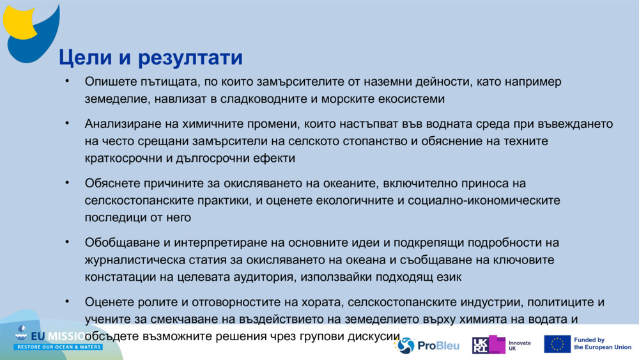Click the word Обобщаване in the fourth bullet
tap(121, 243)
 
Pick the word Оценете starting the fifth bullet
tap(109, 302)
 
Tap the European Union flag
tap(557, 344)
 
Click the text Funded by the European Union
tap(602, 344)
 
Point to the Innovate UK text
tap(520, 346)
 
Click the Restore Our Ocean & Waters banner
tap(59, 347)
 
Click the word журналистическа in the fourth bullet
tap(132, 260)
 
